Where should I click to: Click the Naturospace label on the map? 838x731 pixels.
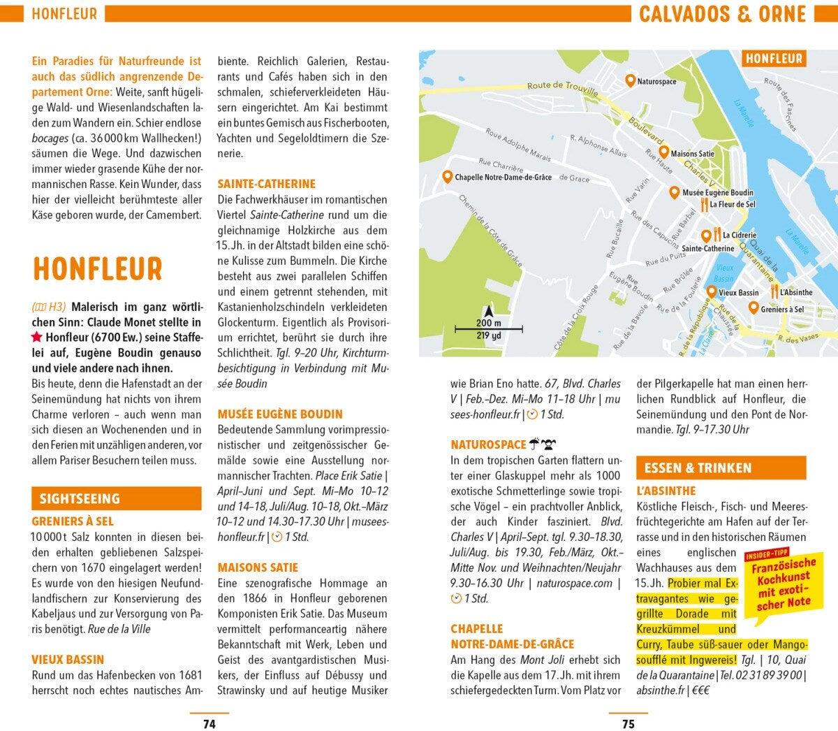[656, 82]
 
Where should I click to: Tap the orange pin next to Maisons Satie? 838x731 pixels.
[663, 152]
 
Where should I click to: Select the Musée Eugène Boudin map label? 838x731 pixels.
[718, 193]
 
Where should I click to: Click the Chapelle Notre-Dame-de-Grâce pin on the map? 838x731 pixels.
[447, 177]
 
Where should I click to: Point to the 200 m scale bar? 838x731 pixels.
[489, 328]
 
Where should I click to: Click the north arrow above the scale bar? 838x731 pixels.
[489, 312]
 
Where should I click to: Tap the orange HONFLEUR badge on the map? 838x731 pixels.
[774, 59]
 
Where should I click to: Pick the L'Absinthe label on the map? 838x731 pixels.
[796, 293]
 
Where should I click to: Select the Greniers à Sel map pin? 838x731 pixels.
[754, 307]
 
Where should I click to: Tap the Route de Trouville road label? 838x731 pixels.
[562, 88]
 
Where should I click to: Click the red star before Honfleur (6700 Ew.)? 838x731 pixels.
[37, 338]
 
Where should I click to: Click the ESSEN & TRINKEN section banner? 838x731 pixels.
[721, 468]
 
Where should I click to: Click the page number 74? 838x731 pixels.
[209, 724]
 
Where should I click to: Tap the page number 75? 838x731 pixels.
[628, 724]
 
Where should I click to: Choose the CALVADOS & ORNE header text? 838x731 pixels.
[722, 14]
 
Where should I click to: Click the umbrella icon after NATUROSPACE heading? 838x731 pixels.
[535, 444]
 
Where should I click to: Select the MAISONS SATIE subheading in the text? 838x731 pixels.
[258, 567]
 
